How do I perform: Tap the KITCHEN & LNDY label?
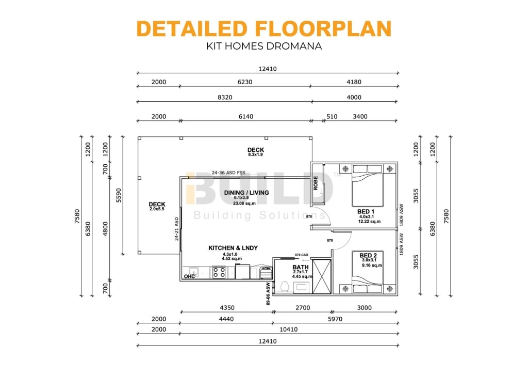[233, 248]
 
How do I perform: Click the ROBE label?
[316, 183]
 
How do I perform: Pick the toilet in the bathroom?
[285, 286]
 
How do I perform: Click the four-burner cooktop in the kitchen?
[219, 272]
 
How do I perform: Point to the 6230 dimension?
[245, 82]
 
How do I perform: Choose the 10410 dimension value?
[288, 329]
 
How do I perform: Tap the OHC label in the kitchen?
[189, 276]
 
